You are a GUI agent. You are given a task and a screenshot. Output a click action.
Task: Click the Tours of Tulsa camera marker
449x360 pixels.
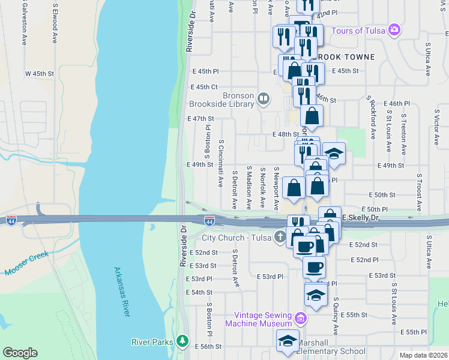click(394, 29)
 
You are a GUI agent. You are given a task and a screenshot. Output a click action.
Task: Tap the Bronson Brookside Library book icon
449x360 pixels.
click(264, 98)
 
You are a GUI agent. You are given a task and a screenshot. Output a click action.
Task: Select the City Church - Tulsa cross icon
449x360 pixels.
click(280, 237)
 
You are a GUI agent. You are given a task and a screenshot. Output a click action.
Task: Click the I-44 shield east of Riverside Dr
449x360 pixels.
click(209, 221)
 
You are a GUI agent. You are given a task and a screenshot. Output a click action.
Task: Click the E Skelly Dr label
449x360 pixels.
click(361, 216)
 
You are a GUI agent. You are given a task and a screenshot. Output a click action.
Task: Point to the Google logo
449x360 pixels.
click(20, 353)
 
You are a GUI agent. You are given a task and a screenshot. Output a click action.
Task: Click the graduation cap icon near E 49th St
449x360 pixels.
click(334, 152)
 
